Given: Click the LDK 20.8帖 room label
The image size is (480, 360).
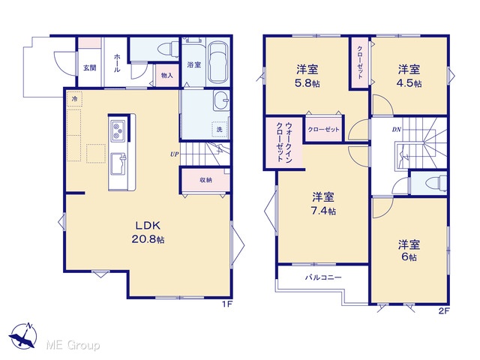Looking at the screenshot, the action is pyautogui.click(x=148, y=232).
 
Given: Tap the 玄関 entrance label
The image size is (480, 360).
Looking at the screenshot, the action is pyautogui.click(x=90, y=67).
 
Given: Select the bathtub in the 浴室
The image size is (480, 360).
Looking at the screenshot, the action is pyautogui.click(x=218, y=62).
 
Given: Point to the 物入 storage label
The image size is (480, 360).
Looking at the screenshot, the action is pyautogui.click(x=166, y=75).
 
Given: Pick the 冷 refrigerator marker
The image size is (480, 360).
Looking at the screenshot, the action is pyautogui.click(x=74, y=99).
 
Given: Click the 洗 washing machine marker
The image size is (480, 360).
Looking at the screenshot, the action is pyautogui.click(x=219, y=130).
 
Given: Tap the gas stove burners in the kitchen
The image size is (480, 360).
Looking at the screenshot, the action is pyautogui.click(x=118, y=130).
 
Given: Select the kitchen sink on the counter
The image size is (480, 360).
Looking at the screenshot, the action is pyautogui.click(x=118, y=164).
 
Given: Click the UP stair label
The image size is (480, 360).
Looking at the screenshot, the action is pyautogui.click(x=174, y=154).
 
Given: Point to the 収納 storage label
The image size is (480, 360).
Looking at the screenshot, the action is pyautogui.click(x=205, y=180).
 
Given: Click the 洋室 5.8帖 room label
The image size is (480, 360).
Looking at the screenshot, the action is pyautogui.click(x=307, y=76).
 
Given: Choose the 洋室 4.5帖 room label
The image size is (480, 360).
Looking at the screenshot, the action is pyautogui.click(x=409, y=76).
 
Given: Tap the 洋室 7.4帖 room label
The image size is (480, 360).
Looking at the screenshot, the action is pyautogui.click(x=323, y=203).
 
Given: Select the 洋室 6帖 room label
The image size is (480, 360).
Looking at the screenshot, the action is pyautogui.click(x=409, y=250).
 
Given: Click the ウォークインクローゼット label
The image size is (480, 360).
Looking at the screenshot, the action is pyautogui.click(x=284, y=142).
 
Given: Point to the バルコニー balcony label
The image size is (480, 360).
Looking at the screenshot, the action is pyautogui.click(x=323, y=277).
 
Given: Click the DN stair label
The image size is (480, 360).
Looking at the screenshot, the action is pyautogui.click(x=397, y=130).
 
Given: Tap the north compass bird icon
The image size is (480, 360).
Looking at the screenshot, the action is pyautogui.click(x=23, y=336).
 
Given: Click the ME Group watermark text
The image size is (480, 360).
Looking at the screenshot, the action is pyautogui.click(x=73, y=346).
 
